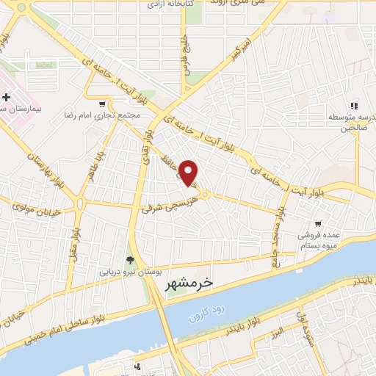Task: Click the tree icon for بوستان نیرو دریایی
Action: (x=130, y=259)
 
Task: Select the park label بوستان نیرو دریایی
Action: (x=130, y=271)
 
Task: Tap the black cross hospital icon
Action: (x=7, y=96)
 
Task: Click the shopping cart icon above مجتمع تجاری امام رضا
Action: (x=101, y=104)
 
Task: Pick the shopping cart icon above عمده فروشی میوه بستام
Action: (x=317, y=223)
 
